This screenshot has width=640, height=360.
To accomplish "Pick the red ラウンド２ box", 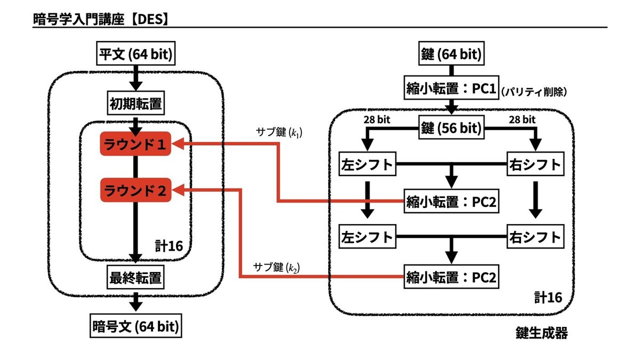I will [x=135, y=190].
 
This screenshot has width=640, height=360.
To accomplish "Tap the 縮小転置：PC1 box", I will [x=451, y=87].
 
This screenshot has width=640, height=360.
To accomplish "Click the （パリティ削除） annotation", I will [x=533, y=92].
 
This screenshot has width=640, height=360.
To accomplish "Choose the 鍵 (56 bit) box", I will [x=451, y=129].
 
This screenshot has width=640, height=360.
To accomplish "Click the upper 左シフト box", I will [x=366, y=165].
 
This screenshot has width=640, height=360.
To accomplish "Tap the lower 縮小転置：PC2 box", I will [x=451, y=277].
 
